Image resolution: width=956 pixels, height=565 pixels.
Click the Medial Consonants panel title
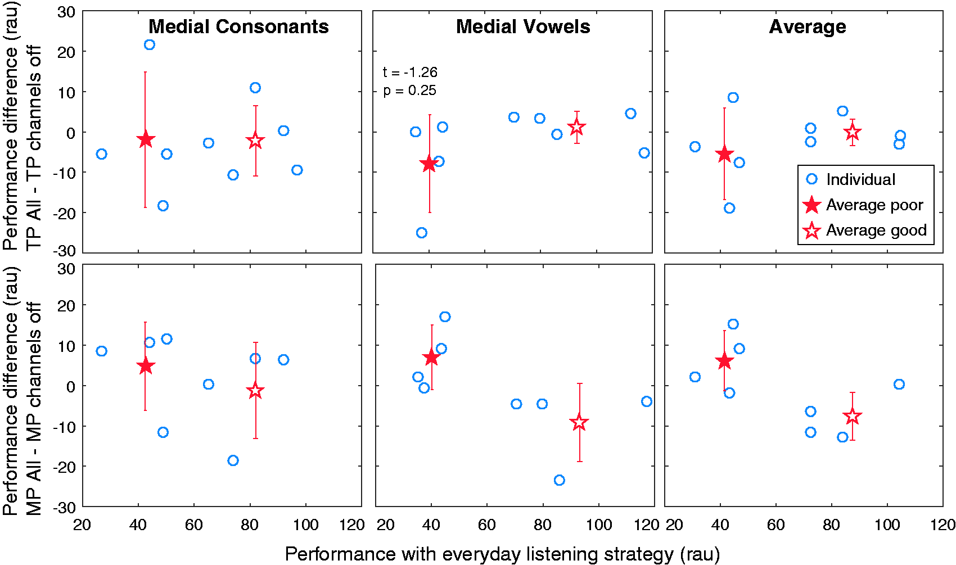238,26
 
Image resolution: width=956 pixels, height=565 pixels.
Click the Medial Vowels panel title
523,26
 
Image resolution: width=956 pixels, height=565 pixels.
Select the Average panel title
808,27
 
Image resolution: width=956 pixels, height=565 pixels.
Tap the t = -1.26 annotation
410,72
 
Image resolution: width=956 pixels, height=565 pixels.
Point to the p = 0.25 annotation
410,91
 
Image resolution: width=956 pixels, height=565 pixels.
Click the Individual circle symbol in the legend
811,179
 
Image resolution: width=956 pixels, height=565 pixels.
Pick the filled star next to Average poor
811,205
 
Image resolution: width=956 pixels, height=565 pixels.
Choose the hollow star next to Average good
811,230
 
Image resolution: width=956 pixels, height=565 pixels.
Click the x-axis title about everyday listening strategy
502,554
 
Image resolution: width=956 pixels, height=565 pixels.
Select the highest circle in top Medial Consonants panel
150,45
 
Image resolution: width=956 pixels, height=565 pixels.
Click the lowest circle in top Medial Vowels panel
422,233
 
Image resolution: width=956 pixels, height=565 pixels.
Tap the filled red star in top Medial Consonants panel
146,139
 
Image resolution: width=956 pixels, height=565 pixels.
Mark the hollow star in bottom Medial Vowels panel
579,422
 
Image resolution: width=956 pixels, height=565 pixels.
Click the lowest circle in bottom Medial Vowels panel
559,480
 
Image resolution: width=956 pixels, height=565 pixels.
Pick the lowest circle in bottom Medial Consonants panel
233,460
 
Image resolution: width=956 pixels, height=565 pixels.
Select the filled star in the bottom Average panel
724,361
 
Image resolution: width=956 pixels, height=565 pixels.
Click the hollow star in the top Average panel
853,132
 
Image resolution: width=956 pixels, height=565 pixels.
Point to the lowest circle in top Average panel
729,208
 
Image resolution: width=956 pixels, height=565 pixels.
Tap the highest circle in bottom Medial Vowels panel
445,317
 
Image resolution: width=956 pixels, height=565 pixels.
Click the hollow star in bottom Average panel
853,416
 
